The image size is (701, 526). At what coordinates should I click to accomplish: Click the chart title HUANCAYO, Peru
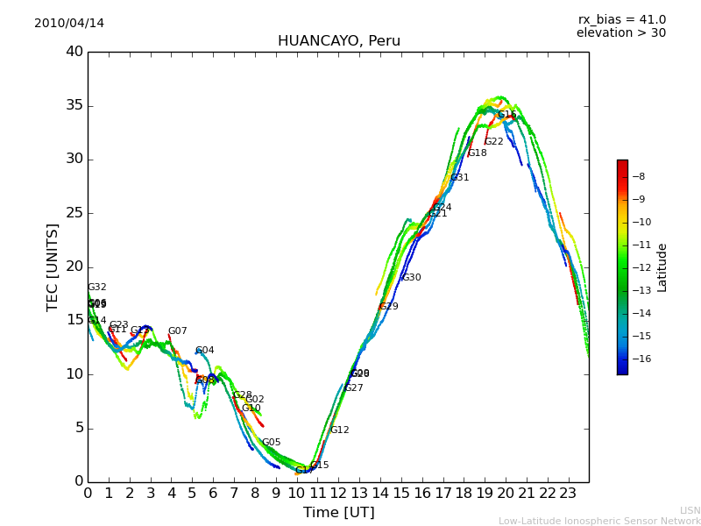338,41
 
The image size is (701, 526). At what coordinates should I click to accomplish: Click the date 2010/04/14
69,24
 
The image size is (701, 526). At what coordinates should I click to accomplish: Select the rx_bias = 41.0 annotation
621,20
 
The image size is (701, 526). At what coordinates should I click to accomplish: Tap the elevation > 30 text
620,33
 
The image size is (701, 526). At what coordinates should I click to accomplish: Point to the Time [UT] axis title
338,513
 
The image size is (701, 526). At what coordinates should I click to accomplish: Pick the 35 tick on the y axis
74,106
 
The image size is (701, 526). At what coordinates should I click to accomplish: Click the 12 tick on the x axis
338,493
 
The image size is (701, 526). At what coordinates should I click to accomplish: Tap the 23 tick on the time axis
568,493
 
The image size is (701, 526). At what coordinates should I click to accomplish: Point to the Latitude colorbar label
662,267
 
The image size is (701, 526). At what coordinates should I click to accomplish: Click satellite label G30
411,278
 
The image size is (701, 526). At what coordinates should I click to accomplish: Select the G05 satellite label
271,443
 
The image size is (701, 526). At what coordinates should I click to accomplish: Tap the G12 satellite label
339,430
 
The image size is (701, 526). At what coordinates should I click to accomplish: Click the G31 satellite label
459,178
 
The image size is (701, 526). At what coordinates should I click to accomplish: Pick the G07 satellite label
177,331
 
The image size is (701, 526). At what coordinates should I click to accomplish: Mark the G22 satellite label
493,142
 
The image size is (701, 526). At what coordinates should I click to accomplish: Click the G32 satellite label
96,288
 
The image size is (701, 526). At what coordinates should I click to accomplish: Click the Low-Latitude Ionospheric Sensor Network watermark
599,521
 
